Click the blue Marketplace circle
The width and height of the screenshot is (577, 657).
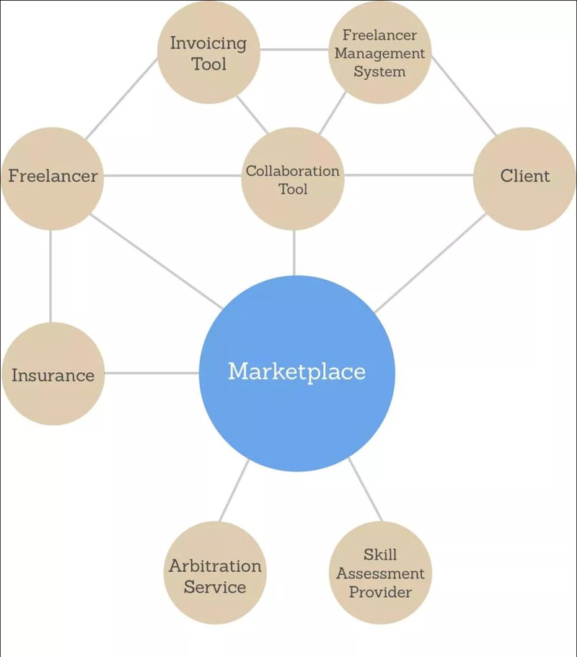[296, 374]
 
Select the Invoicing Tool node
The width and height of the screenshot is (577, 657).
[208, 53]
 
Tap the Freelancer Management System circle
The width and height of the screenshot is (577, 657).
[379, 53]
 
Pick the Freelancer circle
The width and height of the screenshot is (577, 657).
[53, 179]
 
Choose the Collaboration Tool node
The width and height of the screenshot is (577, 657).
[293, 179]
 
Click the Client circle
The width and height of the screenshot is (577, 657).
[524, 179]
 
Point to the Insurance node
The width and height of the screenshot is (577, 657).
[53, 374]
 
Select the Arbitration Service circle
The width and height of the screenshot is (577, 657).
[215, 573]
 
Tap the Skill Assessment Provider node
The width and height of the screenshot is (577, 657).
[380, 573]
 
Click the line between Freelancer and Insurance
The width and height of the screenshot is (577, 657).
[50, 276]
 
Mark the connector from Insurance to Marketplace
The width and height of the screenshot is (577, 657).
[151, 373]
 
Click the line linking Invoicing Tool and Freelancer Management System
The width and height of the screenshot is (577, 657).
[294, 50]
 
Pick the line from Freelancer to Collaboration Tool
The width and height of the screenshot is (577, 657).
[172, 175]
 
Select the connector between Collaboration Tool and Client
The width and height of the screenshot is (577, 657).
[408, 175]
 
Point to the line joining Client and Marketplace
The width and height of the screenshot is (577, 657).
[431, 263]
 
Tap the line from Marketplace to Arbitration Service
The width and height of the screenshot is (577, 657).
[234, 490]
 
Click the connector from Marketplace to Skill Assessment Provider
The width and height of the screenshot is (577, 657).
[366, 490]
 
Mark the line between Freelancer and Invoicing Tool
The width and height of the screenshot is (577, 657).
[121, 99]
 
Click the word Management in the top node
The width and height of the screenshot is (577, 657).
[379, 53]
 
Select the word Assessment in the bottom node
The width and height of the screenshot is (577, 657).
[380, 573]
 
